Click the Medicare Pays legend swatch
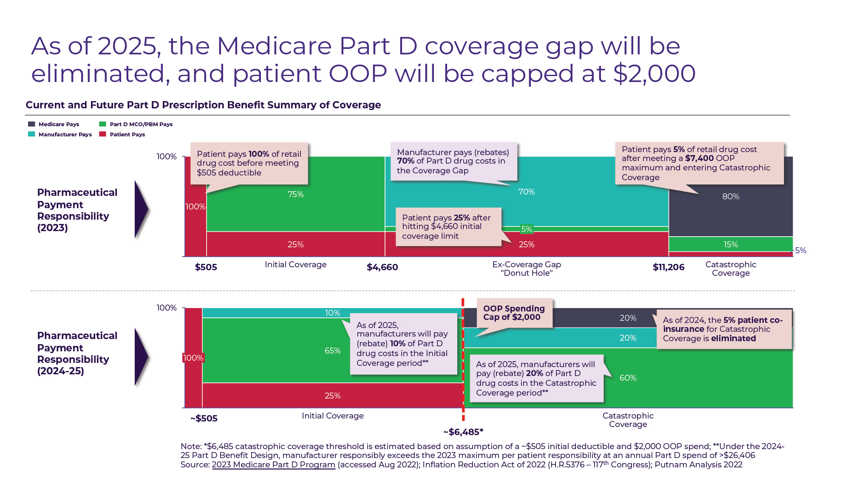(31, 124)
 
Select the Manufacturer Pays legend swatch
(31, 134)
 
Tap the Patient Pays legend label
(127, 134)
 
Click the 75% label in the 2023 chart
(295, 194)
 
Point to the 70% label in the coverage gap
(526, 192)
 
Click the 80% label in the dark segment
(731, 196)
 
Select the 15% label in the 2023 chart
(731, 244)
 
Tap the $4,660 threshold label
(382, 267)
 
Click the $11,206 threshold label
(669, 267)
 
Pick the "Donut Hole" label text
(527, 273)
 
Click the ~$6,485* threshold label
(463, 432)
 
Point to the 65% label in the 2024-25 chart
(332, 351)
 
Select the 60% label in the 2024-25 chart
(628, 378)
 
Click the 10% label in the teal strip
(332, 313)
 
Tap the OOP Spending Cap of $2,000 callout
(514, 313)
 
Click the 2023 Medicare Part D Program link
(273, 465)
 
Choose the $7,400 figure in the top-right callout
(699, 158)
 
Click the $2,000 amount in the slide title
(654, 74)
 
